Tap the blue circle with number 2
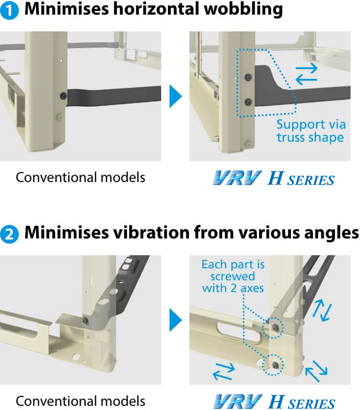(9, 234)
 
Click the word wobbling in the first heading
(243, 9)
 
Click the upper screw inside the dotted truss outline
(248, 77)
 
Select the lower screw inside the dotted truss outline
(248, 102)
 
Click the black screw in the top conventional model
(63, 96)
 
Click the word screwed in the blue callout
(232, 276)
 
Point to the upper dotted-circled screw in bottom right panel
(275, 327)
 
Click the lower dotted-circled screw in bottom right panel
(275, 365)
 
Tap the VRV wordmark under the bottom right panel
(238, 402)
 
